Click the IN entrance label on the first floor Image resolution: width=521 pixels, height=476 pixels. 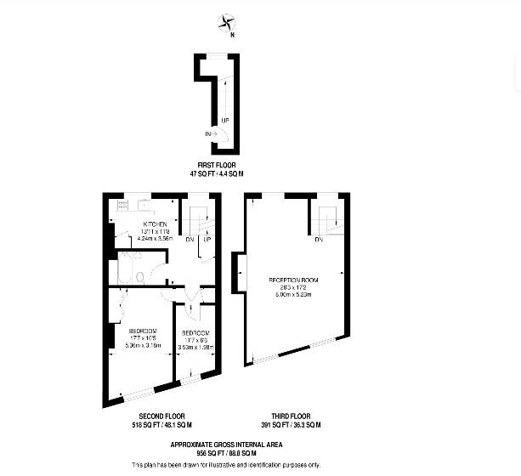pyautogui.click(x=208, y=133)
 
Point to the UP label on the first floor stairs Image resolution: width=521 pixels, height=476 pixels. pyautogui.click(x=225, y=120)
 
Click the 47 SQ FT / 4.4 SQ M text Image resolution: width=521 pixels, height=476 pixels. pyautogui.click(x=217, y=173)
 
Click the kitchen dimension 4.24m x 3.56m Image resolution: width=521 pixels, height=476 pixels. pyautogui.click(x=154, y=240)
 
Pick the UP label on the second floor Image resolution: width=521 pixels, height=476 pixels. pyautogui.click(x=207, y=239)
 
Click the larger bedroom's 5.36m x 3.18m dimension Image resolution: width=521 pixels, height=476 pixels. pyautogui.click(x=142, y=346)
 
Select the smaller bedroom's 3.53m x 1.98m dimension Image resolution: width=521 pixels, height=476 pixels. pyautogui.click(x=196, y=346)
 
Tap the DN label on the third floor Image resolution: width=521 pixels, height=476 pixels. pyautogui.click(x=318, y=239)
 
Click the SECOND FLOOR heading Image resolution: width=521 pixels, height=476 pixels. pyautogui.click(x=161, y=416)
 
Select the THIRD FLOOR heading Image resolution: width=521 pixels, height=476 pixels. pyautogui.click(x=291, y=416)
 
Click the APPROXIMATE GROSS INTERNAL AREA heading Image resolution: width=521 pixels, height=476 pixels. pyautogui.click(x=225, y=445)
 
